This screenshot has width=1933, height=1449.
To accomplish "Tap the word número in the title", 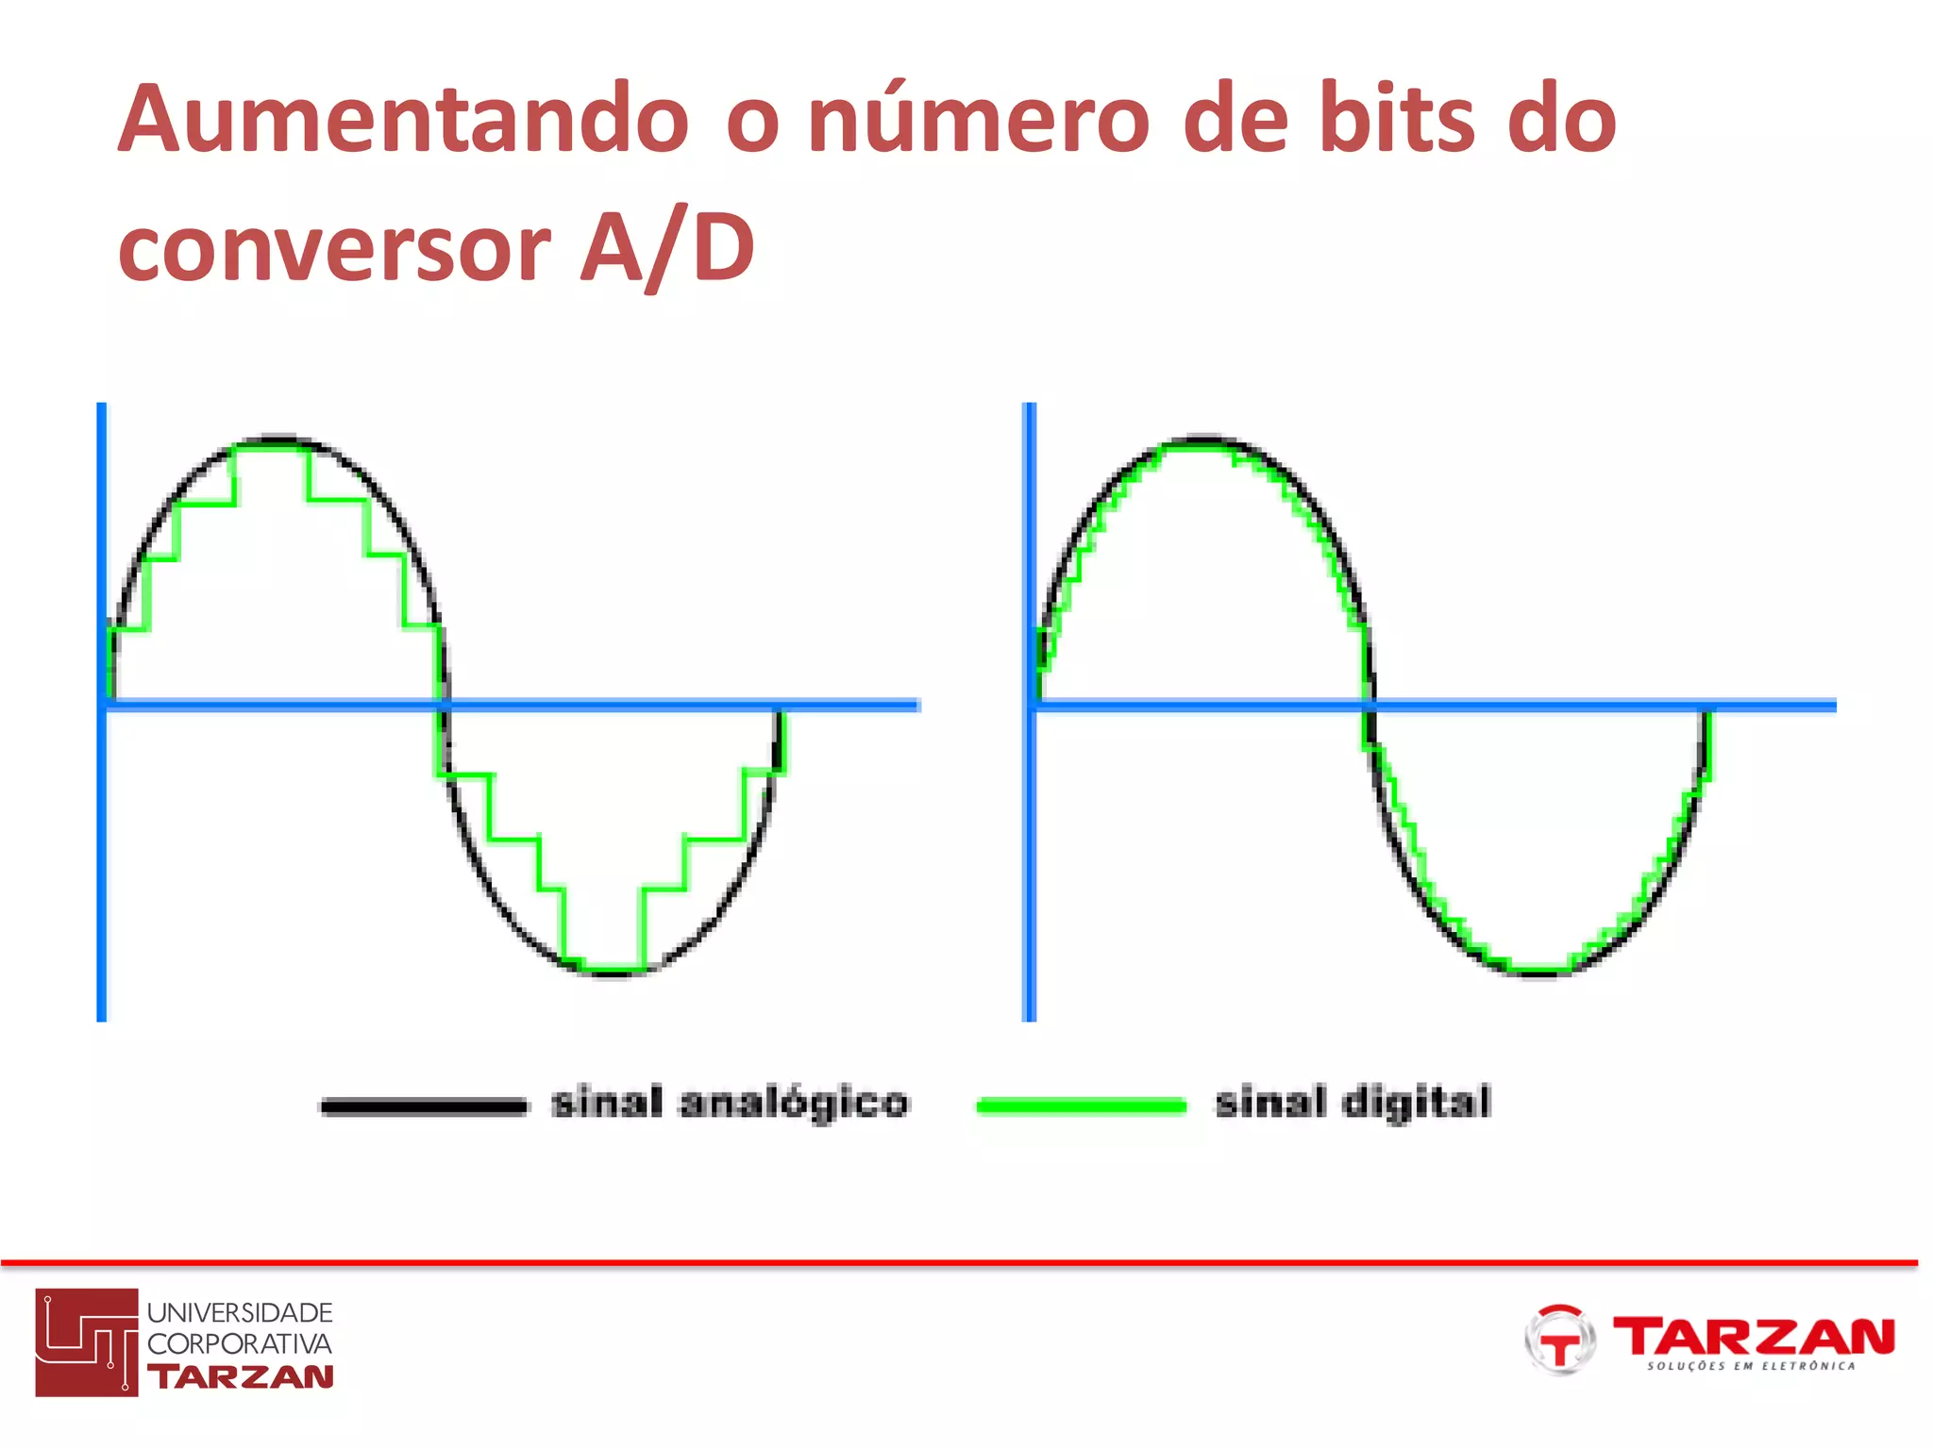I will (x=979, y=120).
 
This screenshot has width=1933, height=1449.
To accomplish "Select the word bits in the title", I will (x=1396, y=120).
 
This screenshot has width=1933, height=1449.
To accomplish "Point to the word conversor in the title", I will (x=334, y=249).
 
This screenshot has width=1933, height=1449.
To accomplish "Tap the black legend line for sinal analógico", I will (x=424, y=1106).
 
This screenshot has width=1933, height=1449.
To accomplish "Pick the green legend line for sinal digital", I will (x=1081, y=1106).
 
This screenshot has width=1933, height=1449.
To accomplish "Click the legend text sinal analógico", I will (x=730, y=1102).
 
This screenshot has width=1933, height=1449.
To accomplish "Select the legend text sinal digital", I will (x=1353, y=1102).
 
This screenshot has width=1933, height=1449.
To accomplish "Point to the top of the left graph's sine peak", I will (x=278, y=440).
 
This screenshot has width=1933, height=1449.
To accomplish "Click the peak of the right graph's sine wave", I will (x=1204, y=440).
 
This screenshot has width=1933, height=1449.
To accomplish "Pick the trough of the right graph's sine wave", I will (x=1538, y=972).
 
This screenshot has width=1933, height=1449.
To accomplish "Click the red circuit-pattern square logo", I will (x=87, y=1341).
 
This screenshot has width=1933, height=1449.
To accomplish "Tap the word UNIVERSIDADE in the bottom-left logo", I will (x=240, y=1313).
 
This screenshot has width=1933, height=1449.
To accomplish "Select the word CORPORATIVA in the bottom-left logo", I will (x=240, y=1344).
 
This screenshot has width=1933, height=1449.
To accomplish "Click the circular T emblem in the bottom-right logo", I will (x=1560, y=1340).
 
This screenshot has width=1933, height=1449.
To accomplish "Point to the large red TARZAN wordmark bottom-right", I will (x=1754, y=1336).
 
